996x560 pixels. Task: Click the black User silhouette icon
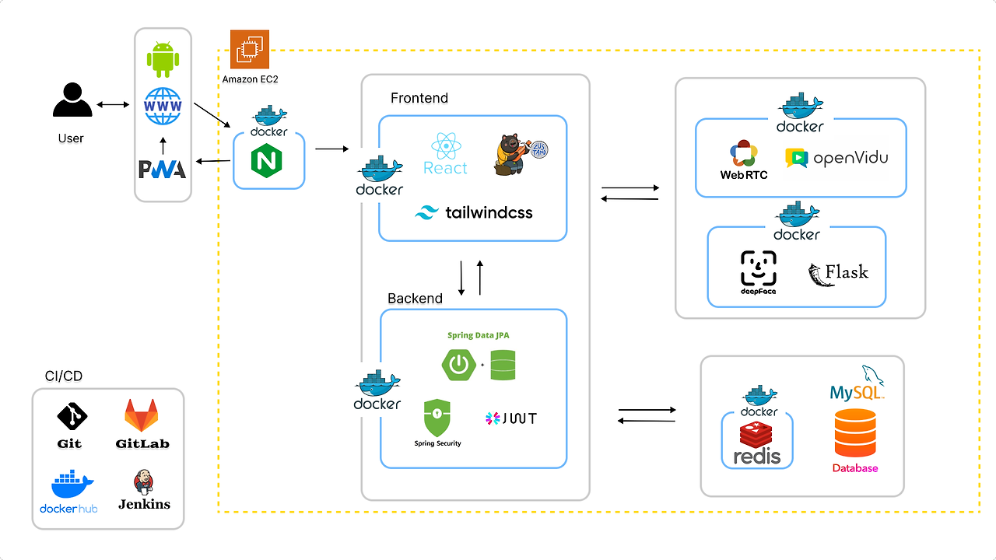click(72, 100)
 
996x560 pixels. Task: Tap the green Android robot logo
click(163, 60)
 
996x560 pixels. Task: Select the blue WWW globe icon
click(163, 106)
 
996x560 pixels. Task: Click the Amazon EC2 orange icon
click(250, 49)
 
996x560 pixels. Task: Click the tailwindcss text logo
click(474, 212)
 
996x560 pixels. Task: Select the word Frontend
click(419, 98)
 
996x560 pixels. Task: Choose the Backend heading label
click(415, 299)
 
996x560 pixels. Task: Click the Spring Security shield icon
click(437, 418)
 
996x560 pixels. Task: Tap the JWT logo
click(510, 418)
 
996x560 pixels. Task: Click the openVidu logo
click(836, 158)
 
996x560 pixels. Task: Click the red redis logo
click(756, 442)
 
